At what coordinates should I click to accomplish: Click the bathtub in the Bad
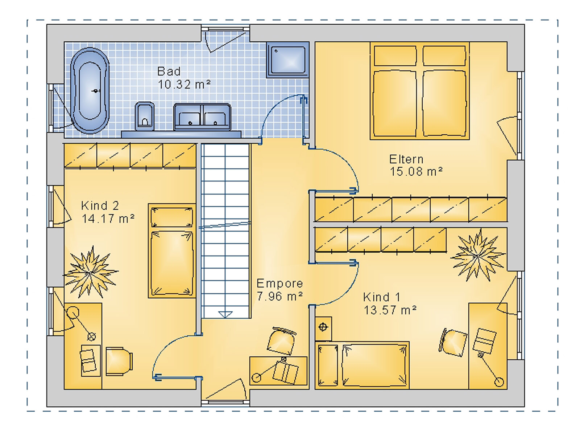[x=90, y=91]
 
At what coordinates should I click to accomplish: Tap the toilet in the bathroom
[x=144, y=116]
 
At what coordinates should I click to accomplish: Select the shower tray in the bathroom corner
[x=288, y=60]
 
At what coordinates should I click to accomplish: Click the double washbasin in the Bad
[x=202, y=117]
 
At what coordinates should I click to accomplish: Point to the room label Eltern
[x=406, y=159]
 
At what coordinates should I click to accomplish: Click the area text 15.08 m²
[x=416, y=172]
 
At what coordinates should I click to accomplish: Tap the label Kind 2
[x=100, y=205]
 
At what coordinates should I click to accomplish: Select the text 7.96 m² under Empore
[x=279, y=296]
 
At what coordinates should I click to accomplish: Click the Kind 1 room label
[x=381, y=297]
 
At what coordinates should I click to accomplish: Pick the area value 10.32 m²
[x=184, y=84]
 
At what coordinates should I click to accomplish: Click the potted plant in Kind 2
[x=91, y=272]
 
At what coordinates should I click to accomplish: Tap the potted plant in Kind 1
[x=478, y=255]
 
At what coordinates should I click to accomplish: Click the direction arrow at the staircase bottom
[x=225, y=314]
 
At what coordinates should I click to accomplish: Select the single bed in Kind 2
[x=172, y=251]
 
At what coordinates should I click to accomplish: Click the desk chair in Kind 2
[x=119, y=362]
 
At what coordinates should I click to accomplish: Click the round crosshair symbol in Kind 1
[x=323, y=327]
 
